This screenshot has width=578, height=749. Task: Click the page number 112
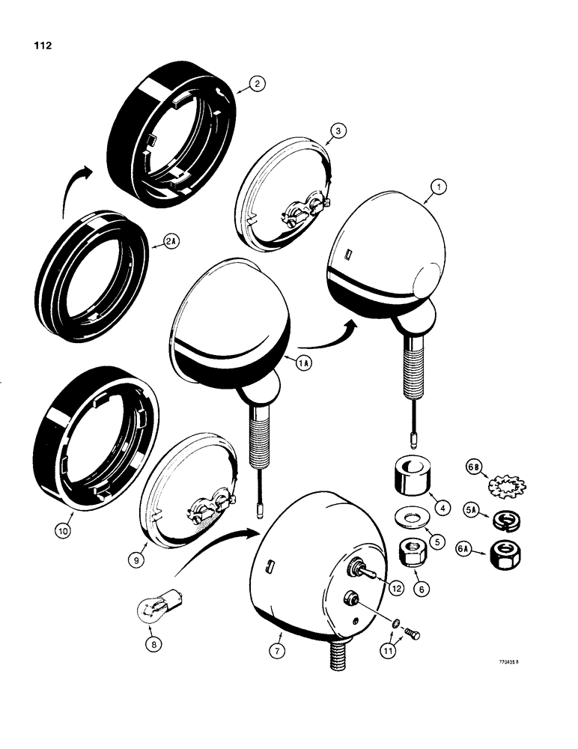point(43,46)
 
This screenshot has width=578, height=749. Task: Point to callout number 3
point(339,130)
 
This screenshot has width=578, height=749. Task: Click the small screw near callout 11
point(412,634)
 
